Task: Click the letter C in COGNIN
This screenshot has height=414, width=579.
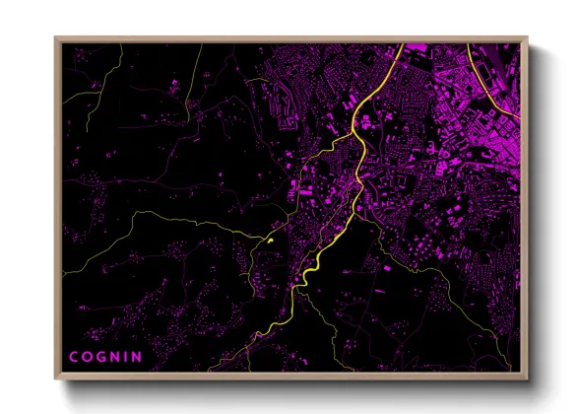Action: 74,356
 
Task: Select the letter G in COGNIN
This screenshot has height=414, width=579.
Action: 101,356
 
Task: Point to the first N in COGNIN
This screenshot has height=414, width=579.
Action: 115,356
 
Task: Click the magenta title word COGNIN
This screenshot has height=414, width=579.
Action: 104,356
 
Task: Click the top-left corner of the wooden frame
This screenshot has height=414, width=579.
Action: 55,37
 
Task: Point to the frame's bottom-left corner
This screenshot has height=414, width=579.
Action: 55,379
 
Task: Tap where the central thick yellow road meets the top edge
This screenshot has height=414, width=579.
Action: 403,43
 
